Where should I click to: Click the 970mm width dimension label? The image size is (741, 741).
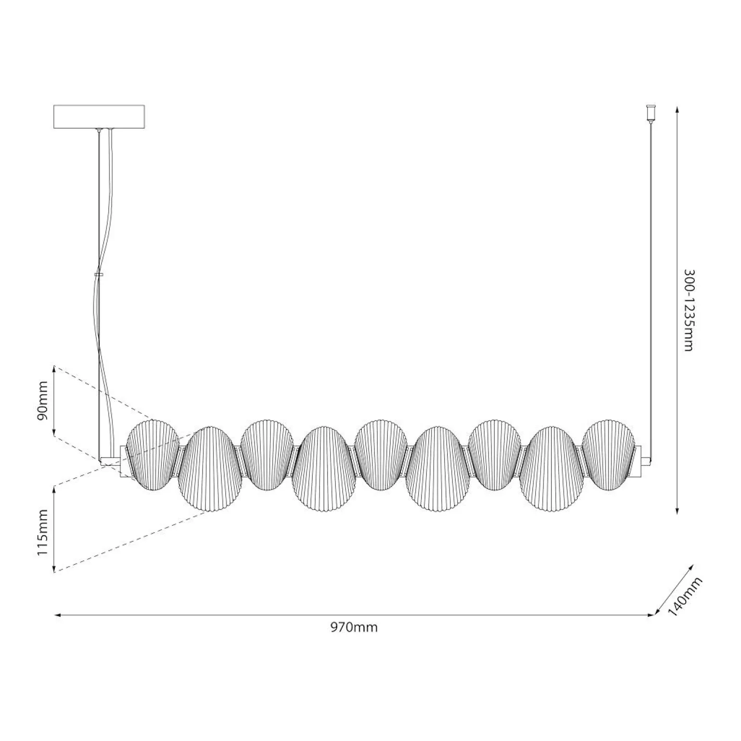[x=354, y=627]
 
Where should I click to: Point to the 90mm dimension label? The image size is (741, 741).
[x=43, y=400]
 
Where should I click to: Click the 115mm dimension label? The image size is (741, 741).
[x=43, y=533]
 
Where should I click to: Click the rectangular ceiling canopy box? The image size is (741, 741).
[x=99, y=117]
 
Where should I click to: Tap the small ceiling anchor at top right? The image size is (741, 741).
[x=651, y=113]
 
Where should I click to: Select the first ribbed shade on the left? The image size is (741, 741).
[x=152, y=455]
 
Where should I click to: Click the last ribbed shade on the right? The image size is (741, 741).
[x=608, y=455]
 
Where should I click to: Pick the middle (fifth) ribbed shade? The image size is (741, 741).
[x=380, y=455]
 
